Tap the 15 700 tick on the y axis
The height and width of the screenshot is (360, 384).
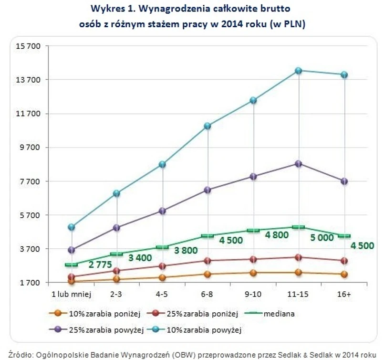coord(29,46)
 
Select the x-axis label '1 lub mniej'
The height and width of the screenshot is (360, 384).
coord(71,295)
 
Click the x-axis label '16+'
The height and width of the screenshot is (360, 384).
coord(344,295)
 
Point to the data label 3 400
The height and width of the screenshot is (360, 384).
coord(140,258)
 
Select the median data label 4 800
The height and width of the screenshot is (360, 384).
coord(277,235)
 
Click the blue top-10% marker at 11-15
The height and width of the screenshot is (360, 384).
coord(298,71)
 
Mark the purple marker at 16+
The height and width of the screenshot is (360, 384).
coord(344,181)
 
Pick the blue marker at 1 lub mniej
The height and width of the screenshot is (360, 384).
coord(72,227)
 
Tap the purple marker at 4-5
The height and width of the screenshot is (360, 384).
coord(162,211)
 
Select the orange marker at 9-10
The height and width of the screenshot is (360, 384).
coord(253,273)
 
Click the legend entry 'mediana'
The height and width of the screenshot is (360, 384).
coord(281,314)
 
